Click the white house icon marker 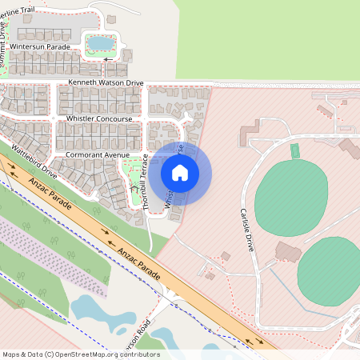(180, 172)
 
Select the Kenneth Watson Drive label (106, 82)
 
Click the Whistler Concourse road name (99, 118)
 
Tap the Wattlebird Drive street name (34, 159)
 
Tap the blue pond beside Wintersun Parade (101, 42)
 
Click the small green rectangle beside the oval (294, 150)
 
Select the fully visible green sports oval (291, 198)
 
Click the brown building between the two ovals (288, 250)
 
